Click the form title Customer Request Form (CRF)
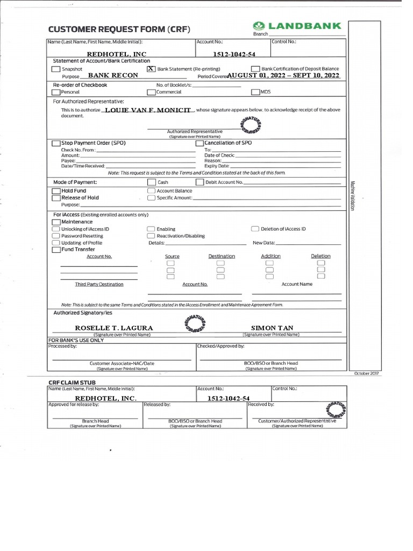119,29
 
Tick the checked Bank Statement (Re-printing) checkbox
151,69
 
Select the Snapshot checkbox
56,69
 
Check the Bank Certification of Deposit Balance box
257,69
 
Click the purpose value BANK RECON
113,76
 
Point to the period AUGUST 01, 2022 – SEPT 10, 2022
284,76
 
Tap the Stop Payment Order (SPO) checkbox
56,143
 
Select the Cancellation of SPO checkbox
200,143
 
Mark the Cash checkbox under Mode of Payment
152,182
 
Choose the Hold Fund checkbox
56,191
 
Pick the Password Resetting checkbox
56,236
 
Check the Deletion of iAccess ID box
255,229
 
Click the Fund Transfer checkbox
56,250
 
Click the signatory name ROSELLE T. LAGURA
113,328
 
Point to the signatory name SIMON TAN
272,328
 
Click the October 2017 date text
367,373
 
